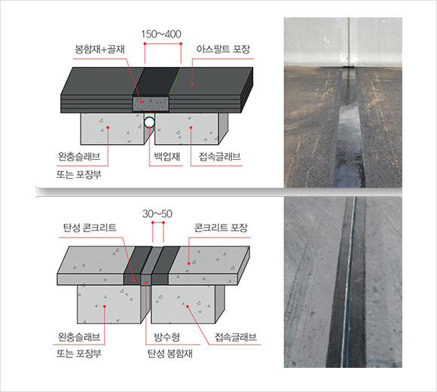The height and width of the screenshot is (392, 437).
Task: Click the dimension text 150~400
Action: click(161, 34)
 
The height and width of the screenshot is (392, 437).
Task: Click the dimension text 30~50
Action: click(157, 214)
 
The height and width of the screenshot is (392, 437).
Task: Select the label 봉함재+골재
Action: click(99, 49)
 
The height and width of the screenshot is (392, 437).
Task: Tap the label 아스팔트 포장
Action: click(223, 49)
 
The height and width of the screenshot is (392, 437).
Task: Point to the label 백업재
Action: click(167, 156)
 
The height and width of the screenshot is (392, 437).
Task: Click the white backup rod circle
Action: click(149, 122)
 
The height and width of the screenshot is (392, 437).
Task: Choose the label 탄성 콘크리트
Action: click(90, 228)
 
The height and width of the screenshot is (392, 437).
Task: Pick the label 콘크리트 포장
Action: click(221, 228)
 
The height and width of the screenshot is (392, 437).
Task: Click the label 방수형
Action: click(167, 337)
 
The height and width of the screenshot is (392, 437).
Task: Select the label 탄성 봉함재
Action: click(170, 354)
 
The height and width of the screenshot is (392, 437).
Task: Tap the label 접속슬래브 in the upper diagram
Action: click(219, 156)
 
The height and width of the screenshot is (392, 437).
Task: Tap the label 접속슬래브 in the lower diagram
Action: click(236, 337)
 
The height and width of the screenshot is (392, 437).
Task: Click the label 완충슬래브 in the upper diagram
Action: click(79, 156)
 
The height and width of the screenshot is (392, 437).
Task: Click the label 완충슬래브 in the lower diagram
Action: click(79, 337)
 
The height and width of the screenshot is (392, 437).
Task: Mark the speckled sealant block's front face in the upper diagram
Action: click(151, 104)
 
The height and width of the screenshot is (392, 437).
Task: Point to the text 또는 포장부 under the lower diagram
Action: click(79, 354)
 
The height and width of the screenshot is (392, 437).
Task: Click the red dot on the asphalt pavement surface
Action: click(192, 84)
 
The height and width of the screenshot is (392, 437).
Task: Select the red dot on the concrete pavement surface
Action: click(188, 264)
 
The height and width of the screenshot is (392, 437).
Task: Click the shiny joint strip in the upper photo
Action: click(348, 128)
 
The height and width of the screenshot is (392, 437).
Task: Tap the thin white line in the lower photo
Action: click(348, 282)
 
